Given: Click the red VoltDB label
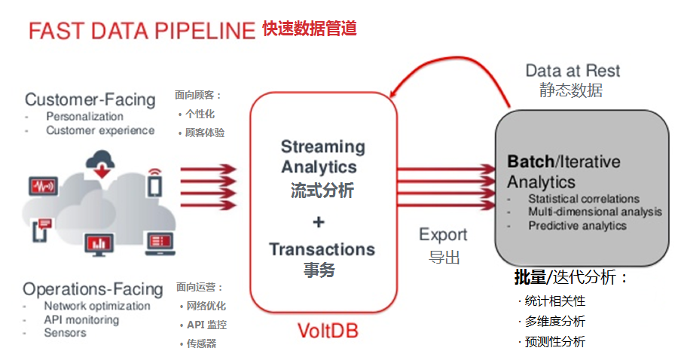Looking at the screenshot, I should click(x=328, y=331).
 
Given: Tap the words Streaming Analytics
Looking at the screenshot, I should click(x=322, y=157).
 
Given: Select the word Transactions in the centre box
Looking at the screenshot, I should click(x=322, y=249).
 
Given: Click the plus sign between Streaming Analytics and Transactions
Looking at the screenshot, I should click(x=319, y=221).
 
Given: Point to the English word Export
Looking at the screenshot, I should click(x=443, y=234).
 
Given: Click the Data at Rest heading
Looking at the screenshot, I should click(x=573, y=71).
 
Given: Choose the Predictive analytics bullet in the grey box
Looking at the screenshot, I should click(x=577, y=225).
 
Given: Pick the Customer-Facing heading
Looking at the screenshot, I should click(x=90, y=99).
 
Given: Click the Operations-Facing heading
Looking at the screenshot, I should click(x=93, y=289).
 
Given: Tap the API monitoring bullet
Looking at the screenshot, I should click(x=81, y=319).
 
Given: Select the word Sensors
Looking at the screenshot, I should click(x=65, y=332).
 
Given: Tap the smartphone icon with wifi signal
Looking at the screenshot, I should click(x=154, y=182).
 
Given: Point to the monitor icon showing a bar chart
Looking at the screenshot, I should click(x=99, y=243).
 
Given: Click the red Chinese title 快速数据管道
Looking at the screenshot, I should click(x=309, y=29).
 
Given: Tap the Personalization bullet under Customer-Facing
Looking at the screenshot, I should click(x=84, y=116).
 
